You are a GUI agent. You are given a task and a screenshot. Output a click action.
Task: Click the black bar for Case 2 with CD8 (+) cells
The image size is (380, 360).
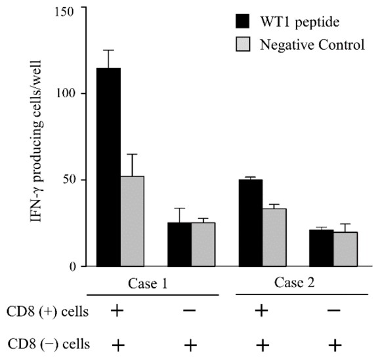(251, 223)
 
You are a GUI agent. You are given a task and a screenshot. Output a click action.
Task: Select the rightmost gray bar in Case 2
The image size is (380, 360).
(345, 249)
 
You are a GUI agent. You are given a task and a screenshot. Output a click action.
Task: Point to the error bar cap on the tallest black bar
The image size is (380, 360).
(108, 50)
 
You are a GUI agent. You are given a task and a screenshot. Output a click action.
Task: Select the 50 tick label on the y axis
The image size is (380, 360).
(72, 180)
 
